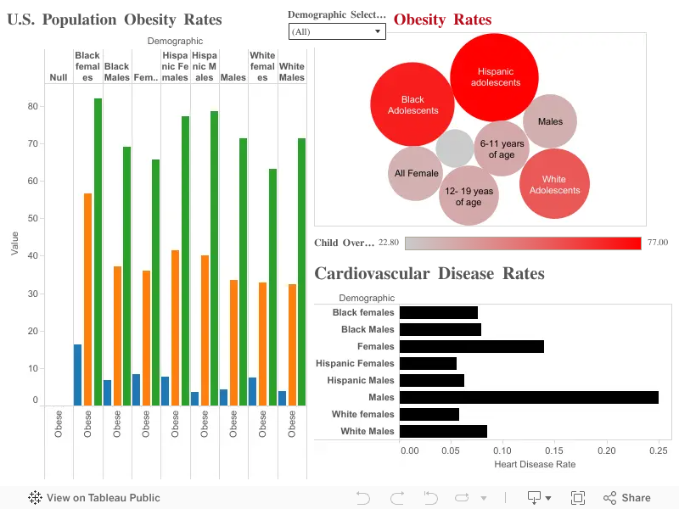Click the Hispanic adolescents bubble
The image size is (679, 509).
click(494, 77)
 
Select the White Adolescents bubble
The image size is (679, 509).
click(554, 184)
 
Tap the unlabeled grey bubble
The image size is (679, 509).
click(455, 148)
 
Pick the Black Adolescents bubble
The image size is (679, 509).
click(412, 104)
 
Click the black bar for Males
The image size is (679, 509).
click(529, 397)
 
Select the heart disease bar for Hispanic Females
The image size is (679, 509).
click(428, 364)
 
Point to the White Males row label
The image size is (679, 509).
click(368, 431)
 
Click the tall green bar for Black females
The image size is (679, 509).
click(98, 252)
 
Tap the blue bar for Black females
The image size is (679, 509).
click(77, 375)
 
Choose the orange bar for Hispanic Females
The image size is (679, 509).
click(175, 328)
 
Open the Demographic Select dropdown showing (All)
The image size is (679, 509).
click(337, 31)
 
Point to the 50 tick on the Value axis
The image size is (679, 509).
click(33, 218)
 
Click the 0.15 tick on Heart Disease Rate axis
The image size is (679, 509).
click(554, 450)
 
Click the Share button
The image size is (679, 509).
click(627, 498)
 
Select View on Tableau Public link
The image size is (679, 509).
click(94, 498)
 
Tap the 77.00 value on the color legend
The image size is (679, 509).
click(658, 243)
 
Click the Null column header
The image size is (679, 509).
click(59, 77)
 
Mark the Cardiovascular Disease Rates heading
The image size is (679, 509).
click(429, 273)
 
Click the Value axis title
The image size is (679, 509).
click(14, 243)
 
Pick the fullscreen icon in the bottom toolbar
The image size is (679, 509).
click(578, 498)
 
